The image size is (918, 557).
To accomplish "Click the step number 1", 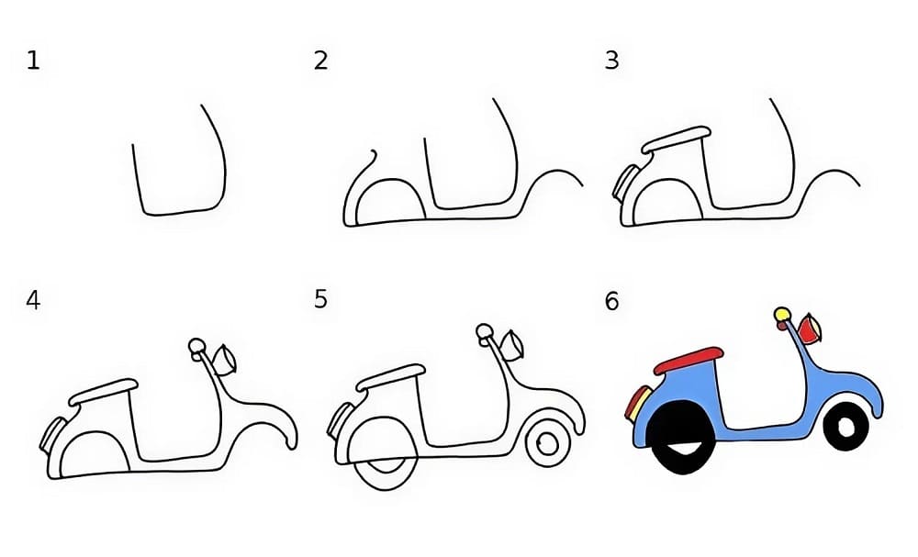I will (x=33, y=61).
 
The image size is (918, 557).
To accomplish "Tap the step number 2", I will (x=320, y=61).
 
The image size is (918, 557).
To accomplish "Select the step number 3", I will (x=611, y=61).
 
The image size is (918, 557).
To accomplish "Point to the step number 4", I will (x=33, y=300).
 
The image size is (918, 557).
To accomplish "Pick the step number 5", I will (x=320, y=300).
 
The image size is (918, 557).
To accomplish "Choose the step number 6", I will (x=611, y=300).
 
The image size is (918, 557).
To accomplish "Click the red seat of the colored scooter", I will (x=688, y=358).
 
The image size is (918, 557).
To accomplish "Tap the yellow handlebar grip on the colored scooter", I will (x=782, y=317).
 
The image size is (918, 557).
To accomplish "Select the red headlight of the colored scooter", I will (x=809, y=327).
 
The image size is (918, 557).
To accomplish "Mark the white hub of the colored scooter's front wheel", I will (x=845, y=425).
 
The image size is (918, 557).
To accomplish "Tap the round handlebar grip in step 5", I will (x=484, y=331).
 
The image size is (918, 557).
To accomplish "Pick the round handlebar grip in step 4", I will (x=196, y=346).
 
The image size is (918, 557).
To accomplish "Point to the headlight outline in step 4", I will (x=225, y=360).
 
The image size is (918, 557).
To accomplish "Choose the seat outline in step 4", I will (x=104, y=391).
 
